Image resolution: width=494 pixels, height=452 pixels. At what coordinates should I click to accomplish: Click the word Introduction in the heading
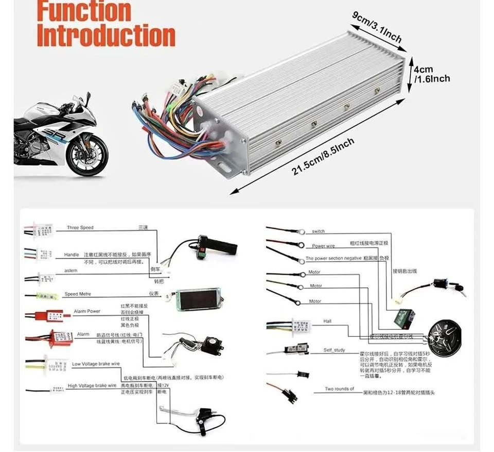pyautogui.click(x=106, y=35)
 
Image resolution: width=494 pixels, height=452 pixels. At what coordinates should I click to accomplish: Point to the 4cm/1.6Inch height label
pyautogui.click(x=432, y=74)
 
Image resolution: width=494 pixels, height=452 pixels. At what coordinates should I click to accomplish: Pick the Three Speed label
pyautogui.click(x=80, y=228)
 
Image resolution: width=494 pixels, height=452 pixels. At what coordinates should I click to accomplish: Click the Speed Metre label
pyautogui.click(x=78, y=294)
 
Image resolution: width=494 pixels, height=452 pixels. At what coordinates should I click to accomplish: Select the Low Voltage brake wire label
pyautogui.click(x=96, y=364)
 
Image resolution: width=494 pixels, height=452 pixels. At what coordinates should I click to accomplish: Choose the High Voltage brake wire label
pyautogui.click(x=92, y=385)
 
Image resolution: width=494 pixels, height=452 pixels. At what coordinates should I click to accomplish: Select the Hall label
pyautogui.click(x=327, y=321)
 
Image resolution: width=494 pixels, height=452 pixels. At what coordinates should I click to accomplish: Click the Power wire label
pyautogui.click(x=323, y=246)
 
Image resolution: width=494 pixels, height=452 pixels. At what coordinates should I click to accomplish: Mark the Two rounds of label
pyautogui.click(x=339, y=389)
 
